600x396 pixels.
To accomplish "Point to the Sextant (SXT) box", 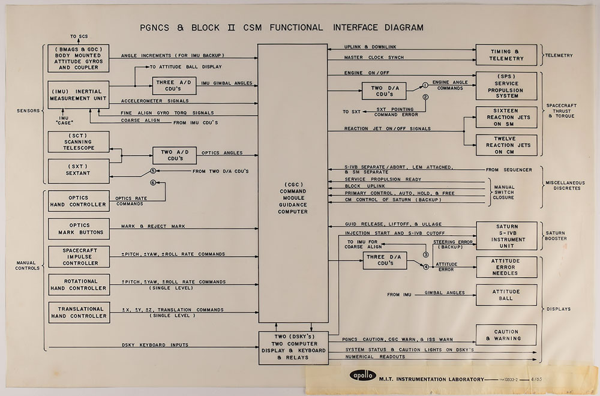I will (x=79, y=171).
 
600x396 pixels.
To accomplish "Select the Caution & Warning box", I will (x=505, y=335).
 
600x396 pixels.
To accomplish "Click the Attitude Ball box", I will (x=505, y=295).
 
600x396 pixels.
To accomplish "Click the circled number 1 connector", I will (x=424, y=85).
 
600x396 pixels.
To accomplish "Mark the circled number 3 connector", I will (x=425, y=255).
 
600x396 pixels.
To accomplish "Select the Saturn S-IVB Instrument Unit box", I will (x=505, y=234).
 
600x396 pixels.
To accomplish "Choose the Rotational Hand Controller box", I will (x=79, y=285).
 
